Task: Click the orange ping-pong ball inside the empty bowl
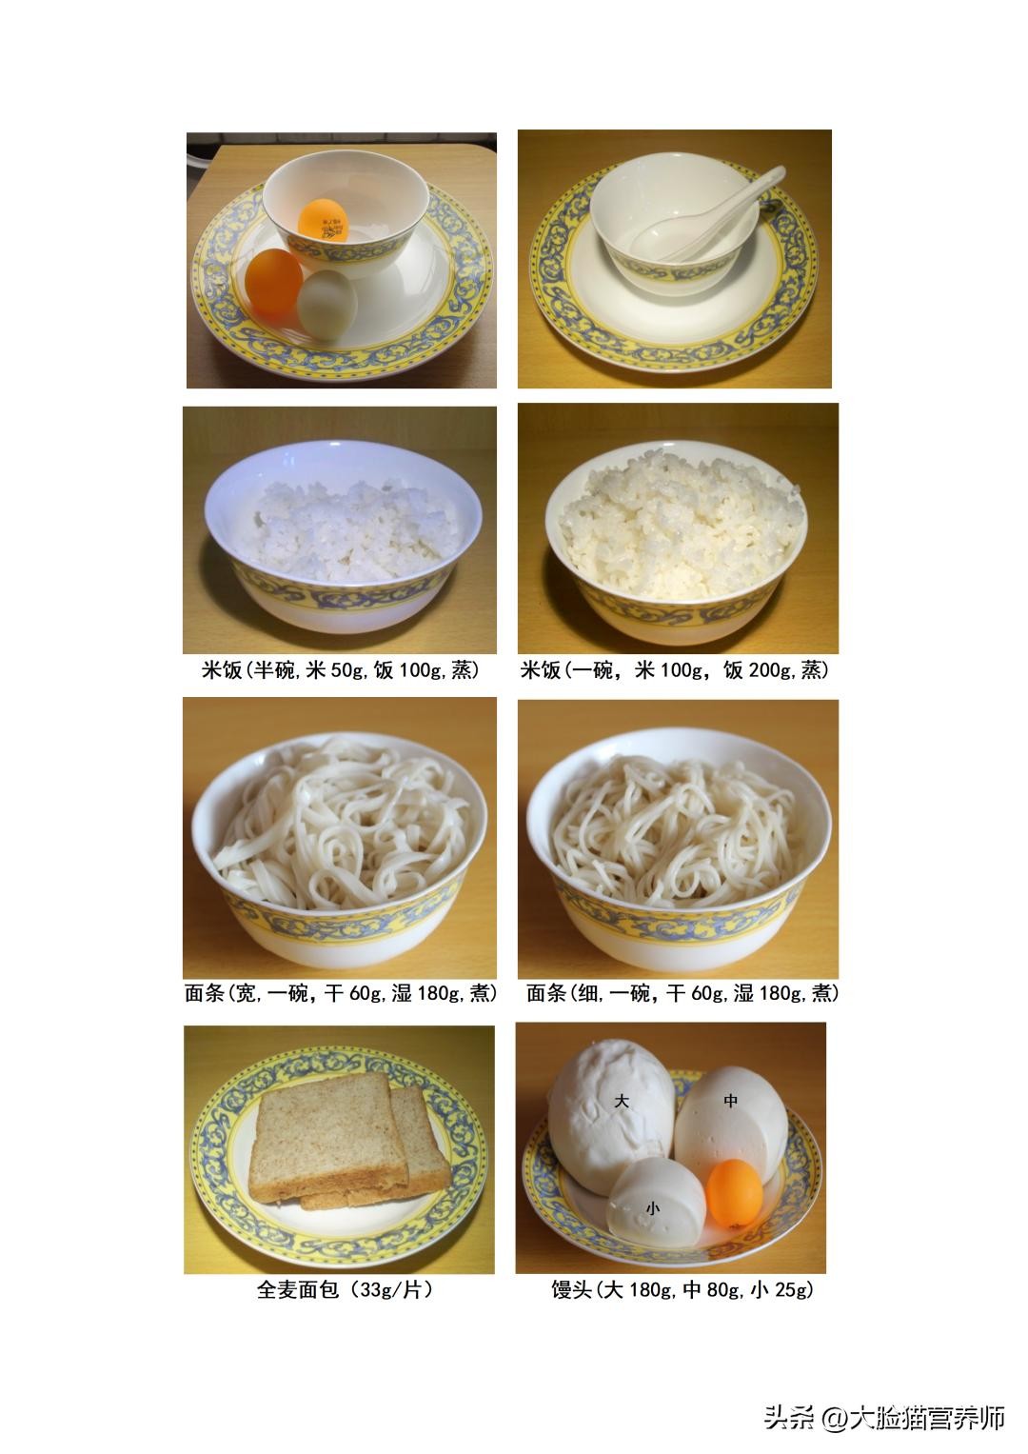tap(324, 220)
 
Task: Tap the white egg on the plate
tap(327, 304)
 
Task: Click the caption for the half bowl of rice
tap(340, 670)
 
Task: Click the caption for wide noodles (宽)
tap(341, 993)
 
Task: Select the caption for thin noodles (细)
tap(682, 993)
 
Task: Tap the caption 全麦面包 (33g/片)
tap(345, 1289)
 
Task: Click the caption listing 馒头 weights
tap(682, 1289)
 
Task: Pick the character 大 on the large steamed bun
tap(622, 1100)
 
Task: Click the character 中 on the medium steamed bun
tap(731, 1100)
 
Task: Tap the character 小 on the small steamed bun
tap(653, 1208)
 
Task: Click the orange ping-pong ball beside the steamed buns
tap(735, 1193)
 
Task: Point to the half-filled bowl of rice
tap(344, 536)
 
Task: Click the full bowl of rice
tap(676, 542)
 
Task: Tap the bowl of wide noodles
tap(340, 849)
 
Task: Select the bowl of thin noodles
tap(679, 849)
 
